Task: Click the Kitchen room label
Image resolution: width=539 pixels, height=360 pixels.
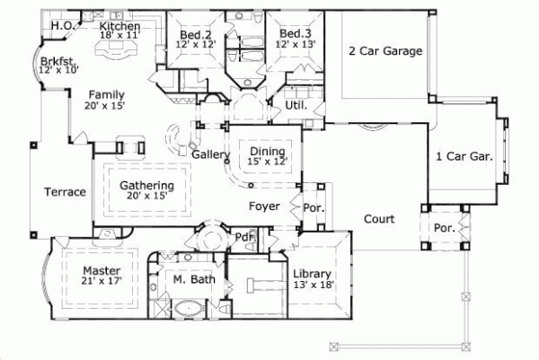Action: pyautogui.click(x=119, y=27)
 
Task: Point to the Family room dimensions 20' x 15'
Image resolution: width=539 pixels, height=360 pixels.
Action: pyautogui.click(x=106, y=106)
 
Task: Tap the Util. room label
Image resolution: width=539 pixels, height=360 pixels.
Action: pyautogui.click(x=296, y=105)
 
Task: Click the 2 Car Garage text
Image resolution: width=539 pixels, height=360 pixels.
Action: pyautogui.click(x=385, y=51)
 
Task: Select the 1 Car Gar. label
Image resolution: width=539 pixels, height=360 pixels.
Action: pyautogui.click(x=464, y=155)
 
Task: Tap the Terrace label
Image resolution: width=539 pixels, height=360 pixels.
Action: pyautogui.click(x=66, y=192)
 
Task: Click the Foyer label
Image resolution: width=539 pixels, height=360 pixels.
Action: pyautogui.click(x=265, y=206)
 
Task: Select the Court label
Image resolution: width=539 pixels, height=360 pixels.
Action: pyautogui.click(x=380, y=218)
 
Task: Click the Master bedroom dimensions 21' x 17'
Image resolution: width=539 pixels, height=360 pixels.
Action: pyautogui.click(x=102, y=281)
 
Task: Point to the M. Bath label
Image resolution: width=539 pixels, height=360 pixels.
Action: pyautogui.click(x=193, y=280)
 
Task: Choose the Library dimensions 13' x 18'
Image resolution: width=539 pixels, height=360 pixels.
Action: pyautogui.click(x=313, y=285)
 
